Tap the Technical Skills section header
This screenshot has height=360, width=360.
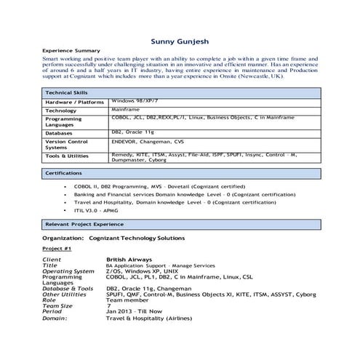click(66, 93)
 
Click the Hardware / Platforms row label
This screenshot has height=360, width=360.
click(75, 103)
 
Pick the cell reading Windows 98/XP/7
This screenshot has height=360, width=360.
click(135, 101)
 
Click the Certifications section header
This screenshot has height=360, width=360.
click(64, 173)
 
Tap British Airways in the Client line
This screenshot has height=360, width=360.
click(129, 259)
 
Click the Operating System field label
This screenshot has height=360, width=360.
click(68, 271)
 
